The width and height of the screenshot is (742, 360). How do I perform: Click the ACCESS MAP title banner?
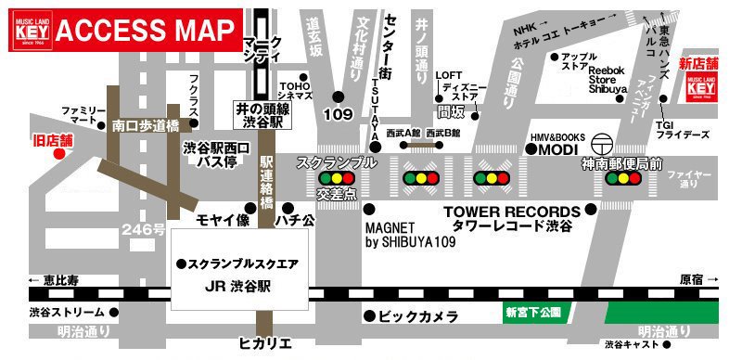click(145, 31)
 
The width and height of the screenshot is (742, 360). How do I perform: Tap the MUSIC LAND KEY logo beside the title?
click(27, 28)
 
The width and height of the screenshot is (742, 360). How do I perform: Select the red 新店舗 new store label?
click(697, 64)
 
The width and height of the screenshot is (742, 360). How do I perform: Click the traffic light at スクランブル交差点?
click(338, 178)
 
